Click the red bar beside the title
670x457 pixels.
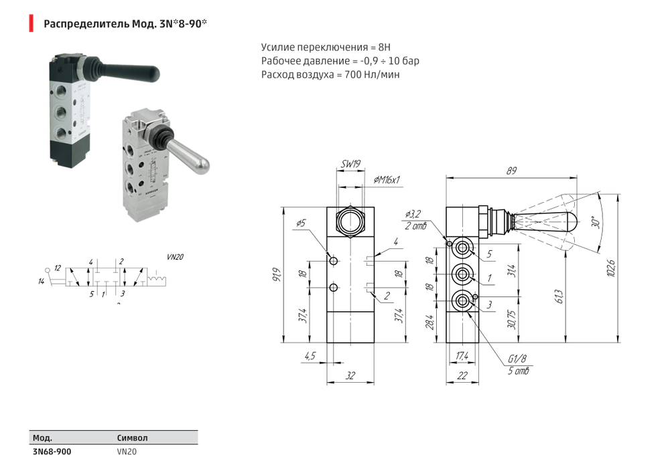[x=30, y=25]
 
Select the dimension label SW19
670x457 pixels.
[x=350, y=164]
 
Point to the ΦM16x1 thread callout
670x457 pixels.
[x=387, y=180]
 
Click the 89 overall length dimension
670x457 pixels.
[x=512, y=171]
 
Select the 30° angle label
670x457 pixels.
[x=594, y=222]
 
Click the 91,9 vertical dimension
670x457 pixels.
[x=277, y=274]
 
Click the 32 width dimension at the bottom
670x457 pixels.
[x=350, y=376]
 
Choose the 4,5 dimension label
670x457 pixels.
[x=310, y=356]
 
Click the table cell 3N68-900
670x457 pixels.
[x=52, y=451]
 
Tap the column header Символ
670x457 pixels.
[x=132, y=438]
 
